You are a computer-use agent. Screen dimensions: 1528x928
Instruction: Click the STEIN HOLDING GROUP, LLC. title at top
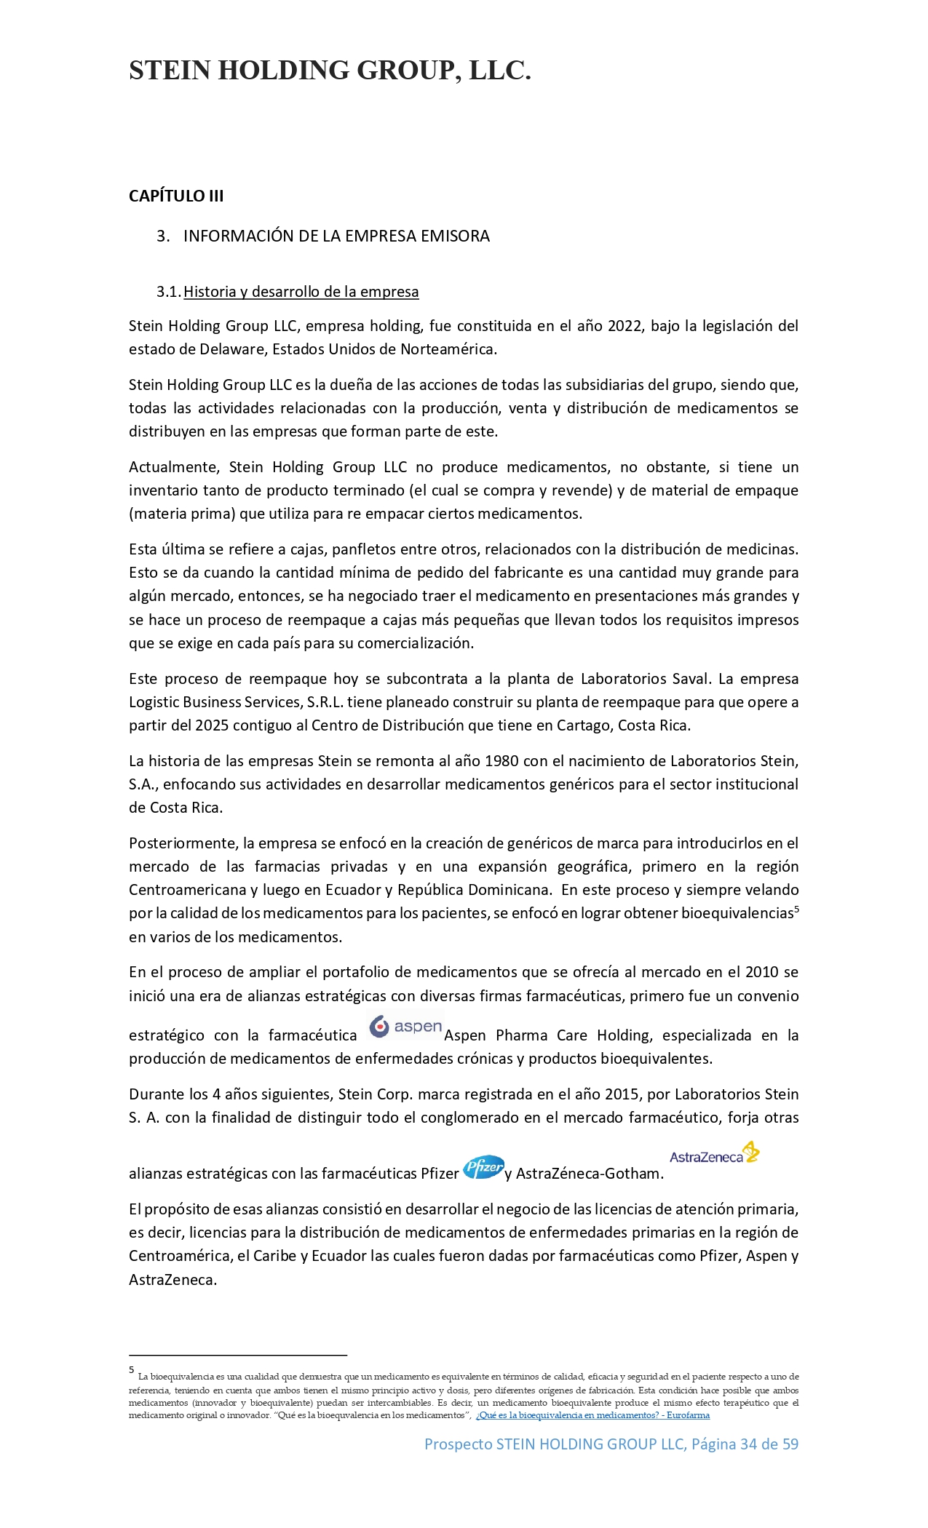330,71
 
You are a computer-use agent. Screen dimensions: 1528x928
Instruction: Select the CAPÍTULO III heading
176,196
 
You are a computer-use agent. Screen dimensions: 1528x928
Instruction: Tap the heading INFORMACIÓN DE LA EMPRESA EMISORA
336,236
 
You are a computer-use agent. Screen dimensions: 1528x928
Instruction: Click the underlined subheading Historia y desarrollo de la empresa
301,292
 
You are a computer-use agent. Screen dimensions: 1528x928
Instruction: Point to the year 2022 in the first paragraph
624,326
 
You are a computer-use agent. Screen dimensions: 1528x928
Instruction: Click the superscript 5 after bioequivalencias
796,909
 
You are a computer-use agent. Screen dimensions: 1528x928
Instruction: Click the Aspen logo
405,1027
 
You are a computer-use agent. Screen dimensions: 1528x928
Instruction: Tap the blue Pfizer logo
483,1167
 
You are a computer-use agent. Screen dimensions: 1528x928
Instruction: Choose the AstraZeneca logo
714,1154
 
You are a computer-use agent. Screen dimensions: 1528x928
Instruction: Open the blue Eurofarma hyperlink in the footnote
592,1415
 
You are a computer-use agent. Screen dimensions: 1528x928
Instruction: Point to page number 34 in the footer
748,1444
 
